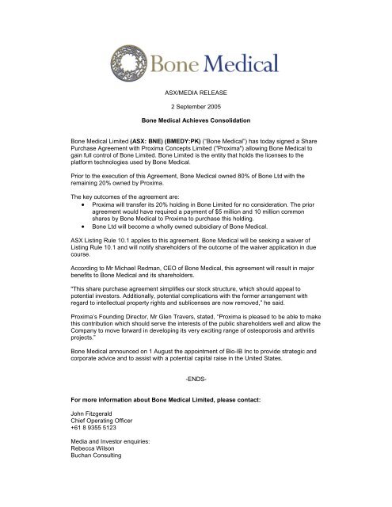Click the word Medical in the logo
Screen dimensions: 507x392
(x=239, y=61)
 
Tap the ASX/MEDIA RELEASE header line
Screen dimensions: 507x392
(x=196, y=114)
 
